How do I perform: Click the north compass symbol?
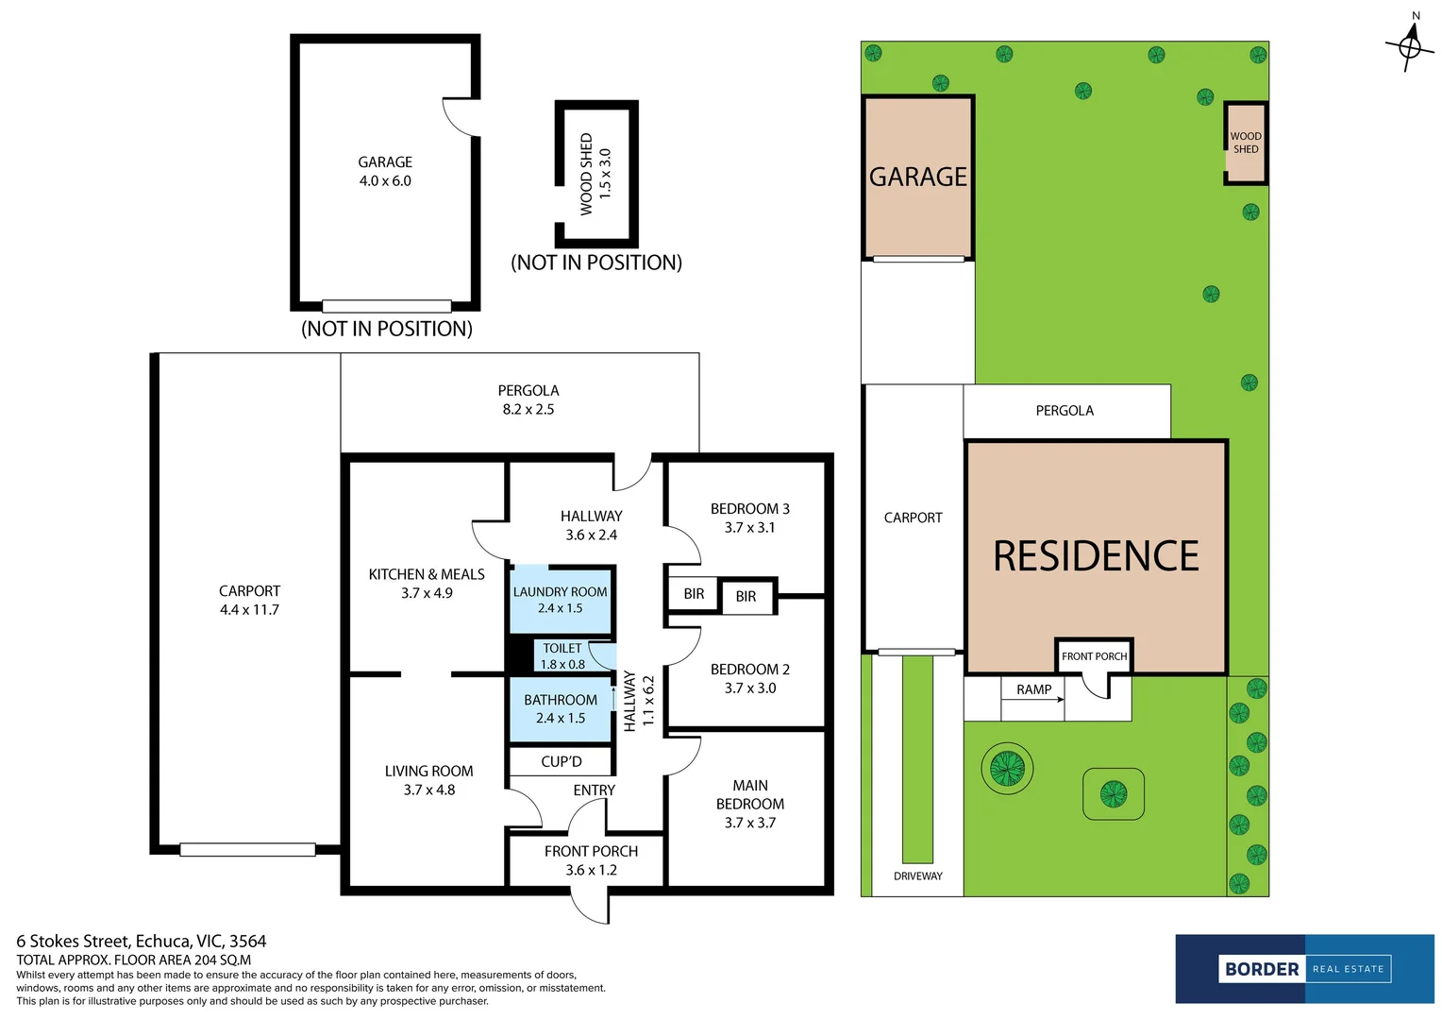[1410, 43]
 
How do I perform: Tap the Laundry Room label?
[561, 592]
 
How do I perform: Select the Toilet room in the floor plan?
[562, 655]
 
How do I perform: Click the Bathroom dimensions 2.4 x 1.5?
[561, 718]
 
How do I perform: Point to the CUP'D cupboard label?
[562, 761]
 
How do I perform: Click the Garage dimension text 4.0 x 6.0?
[385, 181]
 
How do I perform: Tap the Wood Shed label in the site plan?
[1246, 143]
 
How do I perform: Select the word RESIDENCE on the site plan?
[1096, 556]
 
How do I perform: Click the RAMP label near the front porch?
[1033, 689]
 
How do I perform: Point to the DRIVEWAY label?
[918, 876]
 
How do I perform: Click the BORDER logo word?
[1262, 969]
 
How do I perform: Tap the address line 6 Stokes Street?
[142, 941]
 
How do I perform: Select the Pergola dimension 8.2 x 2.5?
[528, 409]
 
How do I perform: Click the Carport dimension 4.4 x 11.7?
[249, 610]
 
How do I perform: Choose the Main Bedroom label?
[750, 794]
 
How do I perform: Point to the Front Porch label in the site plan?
[1094, 656]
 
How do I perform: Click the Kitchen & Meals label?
[427, 574]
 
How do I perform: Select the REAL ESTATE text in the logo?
[1348, 969]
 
